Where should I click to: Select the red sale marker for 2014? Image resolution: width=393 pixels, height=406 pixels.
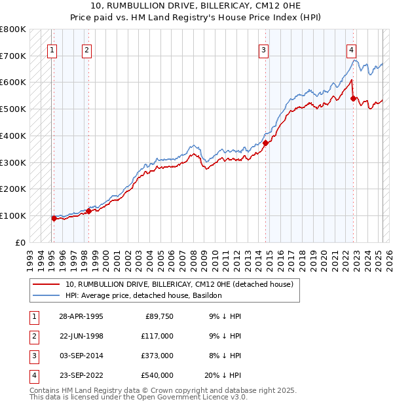pos(266,143)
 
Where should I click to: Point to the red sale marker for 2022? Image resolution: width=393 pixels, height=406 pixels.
pos(354,98)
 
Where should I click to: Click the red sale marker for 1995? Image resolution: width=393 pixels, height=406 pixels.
pos(54,218)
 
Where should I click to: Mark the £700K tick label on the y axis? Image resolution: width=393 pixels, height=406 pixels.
pos(13,56)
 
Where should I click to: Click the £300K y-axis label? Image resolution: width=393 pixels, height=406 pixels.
pos(13,162)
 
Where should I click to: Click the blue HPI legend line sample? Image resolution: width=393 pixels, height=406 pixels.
pos(47,295)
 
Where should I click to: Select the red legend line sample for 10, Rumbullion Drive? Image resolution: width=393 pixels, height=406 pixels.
pos(47,284)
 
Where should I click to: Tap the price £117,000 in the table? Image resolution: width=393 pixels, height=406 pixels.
pos(158,336)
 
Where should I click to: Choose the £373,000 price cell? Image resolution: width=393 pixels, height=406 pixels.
pos(158,356)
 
